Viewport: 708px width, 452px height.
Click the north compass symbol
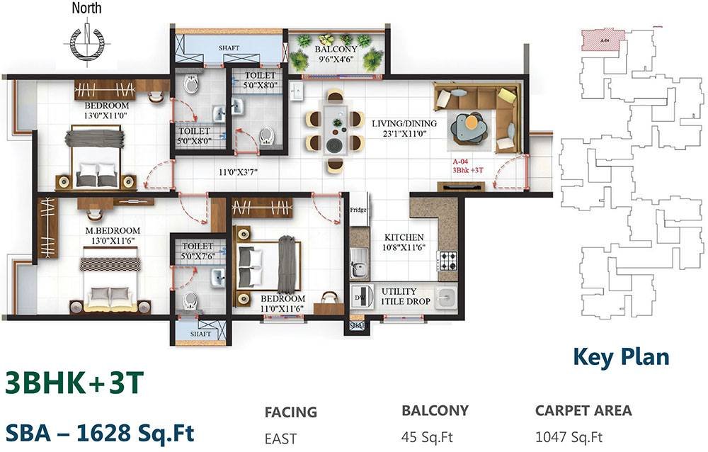click(x=86, y=40)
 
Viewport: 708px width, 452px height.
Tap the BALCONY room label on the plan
click(x=336, y=48)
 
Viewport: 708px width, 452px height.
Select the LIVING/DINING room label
click(x=404, y=123)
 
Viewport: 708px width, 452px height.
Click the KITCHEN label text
click(x=404, y=237)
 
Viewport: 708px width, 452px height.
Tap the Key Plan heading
click(x=620, y=356)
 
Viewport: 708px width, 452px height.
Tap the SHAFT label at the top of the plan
click(x=229, y=48)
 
